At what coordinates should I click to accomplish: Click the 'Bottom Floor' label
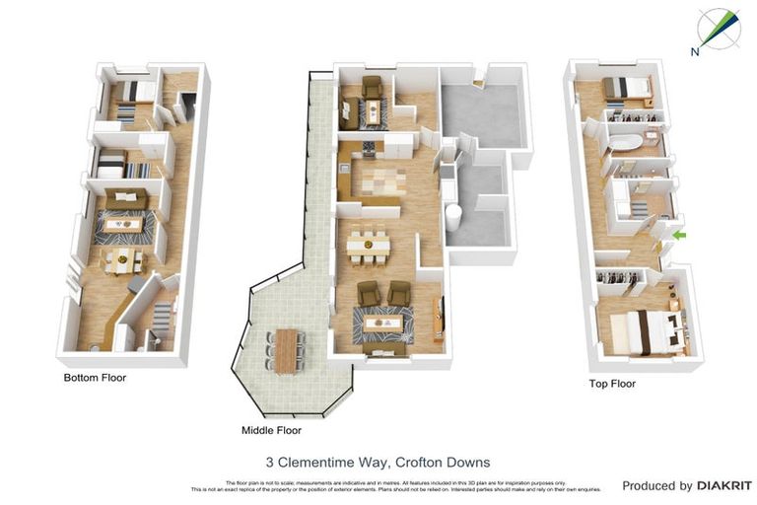coord(95,377)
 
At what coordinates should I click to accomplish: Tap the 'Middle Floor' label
coord(271,430)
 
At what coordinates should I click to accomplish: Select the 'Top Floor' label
coord(611,384)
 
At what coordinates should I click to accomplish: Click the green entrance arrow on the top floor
coord(678,235)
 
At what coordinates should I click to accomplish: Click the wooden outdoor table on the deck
coord(287,350)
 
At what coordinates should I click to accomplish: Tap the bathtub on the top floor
coord(624,142)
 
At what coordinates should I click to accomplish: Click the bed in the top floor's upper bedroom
coord(625,89)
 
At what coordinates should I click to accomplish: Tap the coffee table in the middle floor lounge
coord(380,323)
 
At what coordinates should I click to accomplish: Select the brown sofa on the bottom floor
coord(127,201)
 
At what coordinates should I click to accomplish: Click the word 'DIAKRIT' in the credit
coord(724,485)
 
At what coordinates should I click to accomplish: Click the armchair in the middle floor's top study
coord(373,87)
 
